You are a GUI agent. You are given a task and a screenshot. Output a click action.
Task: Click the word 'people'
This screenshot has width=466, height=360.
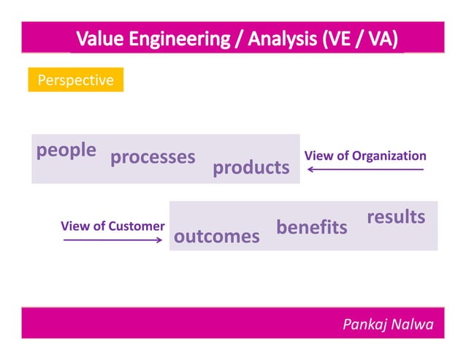pos(66,150)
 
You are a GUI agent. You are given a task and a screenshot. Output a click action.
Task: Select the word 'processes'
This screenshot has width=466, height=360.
pos(153,158)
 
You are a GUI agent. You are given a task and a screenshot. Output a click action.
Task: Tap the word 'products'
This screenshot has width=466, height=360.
pos(251,168)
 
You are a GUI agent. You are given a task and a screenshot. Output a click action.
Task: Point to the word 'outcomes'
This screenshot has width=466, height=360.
pos(216,237)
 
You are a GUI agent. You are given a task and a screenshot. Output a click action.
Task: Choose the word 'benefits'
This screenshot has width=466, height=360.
pos(311,228)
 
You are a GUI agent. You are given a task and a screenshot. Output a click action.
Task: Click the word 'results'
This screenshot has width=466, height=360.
pos(395,217)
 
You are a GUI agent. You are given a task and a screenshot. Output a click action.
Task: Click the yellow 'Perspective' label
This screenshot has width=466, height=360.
pos(75,80)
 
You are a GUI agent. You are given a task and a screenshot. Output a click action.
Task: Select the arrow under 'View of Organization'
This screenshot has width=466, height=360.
pos(365,170)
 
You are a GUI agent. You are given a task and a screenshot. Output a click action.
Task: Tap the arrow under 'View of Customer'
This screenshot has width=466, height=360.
pos(112,240)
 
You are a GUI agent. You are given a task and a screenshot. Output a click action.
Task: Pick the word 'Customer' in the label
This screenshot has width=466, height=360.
pos(137,226)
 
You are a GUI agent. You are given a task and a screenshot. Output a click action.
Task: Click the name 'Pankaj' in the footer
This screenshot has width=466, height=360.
pos(367,324)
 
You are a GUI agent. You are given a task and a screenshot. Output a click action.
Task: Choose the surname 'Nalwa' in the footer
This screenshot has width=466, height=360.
pos(413,324)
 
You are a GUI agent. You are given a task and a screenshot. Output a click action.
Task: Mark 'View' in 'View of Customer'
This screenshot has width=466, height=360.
pos(75,226)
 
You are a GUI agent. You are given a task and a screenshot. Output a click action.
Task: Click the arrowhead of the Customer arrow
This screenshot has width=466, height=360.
pos(158,240)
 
